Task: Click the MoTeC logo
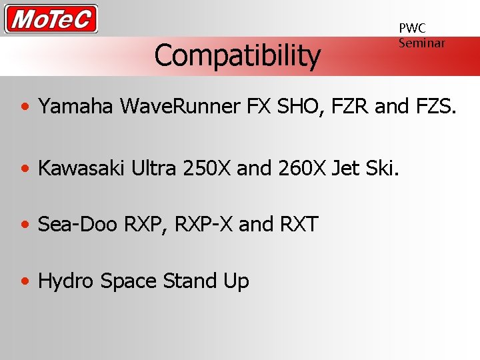pyautogui.click(x=51, y=19)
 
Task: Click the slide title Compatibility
pyautogui.click(x=237, y=55)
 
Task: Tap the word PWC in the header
pyautogui.click(x=412, y=28)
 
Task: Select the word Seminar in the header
pyautogui.click(x=421, y=43)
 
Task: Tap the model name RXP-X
pyautogui.click(x=203, y=225)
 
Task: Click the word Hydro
pyautogui.click(x=67, y=281)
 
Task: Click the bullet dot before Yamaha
pyautogui.click(x=25, y=107)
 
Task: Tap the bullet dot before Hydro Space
pyautogui.click(x=25, y=282)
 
